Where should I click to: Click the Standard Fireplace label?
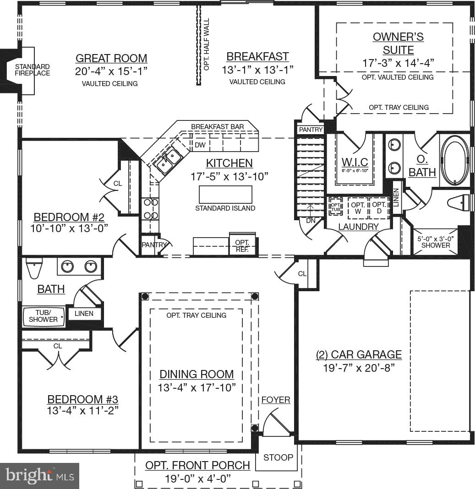33,70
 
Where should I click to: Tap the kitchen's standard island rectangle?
225,195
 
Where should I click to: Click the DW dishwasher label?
200,145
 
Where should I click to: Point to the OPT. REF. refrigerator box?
242,245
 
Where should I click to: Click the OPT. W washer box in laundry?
358,208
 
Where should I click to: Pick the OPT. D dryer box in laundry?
378,208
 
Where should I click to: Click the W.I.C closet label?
355,163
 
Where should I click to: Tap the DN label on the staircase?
311,220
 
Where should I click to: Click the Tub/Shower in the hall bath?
44,316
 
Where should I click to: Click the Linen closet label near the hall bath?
84,314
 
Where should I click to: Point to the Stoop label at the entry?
278,457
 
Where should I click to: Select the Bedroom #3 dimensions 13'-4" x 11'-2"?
83,410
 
